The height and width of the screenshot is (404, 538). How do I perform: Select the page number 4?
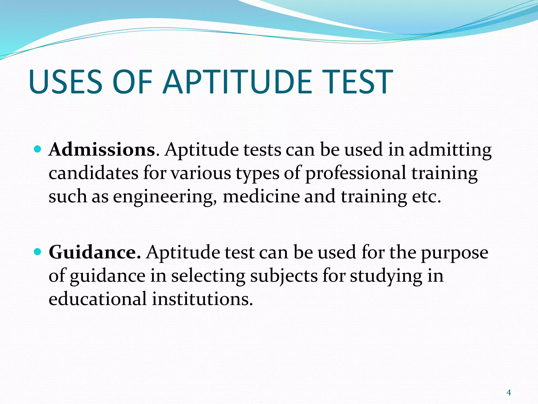[509, 393]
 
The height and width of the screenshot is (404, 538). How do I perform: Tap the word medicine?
[261, 197]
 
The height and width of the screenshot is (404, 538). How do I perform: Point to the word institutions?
[202, 299]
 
